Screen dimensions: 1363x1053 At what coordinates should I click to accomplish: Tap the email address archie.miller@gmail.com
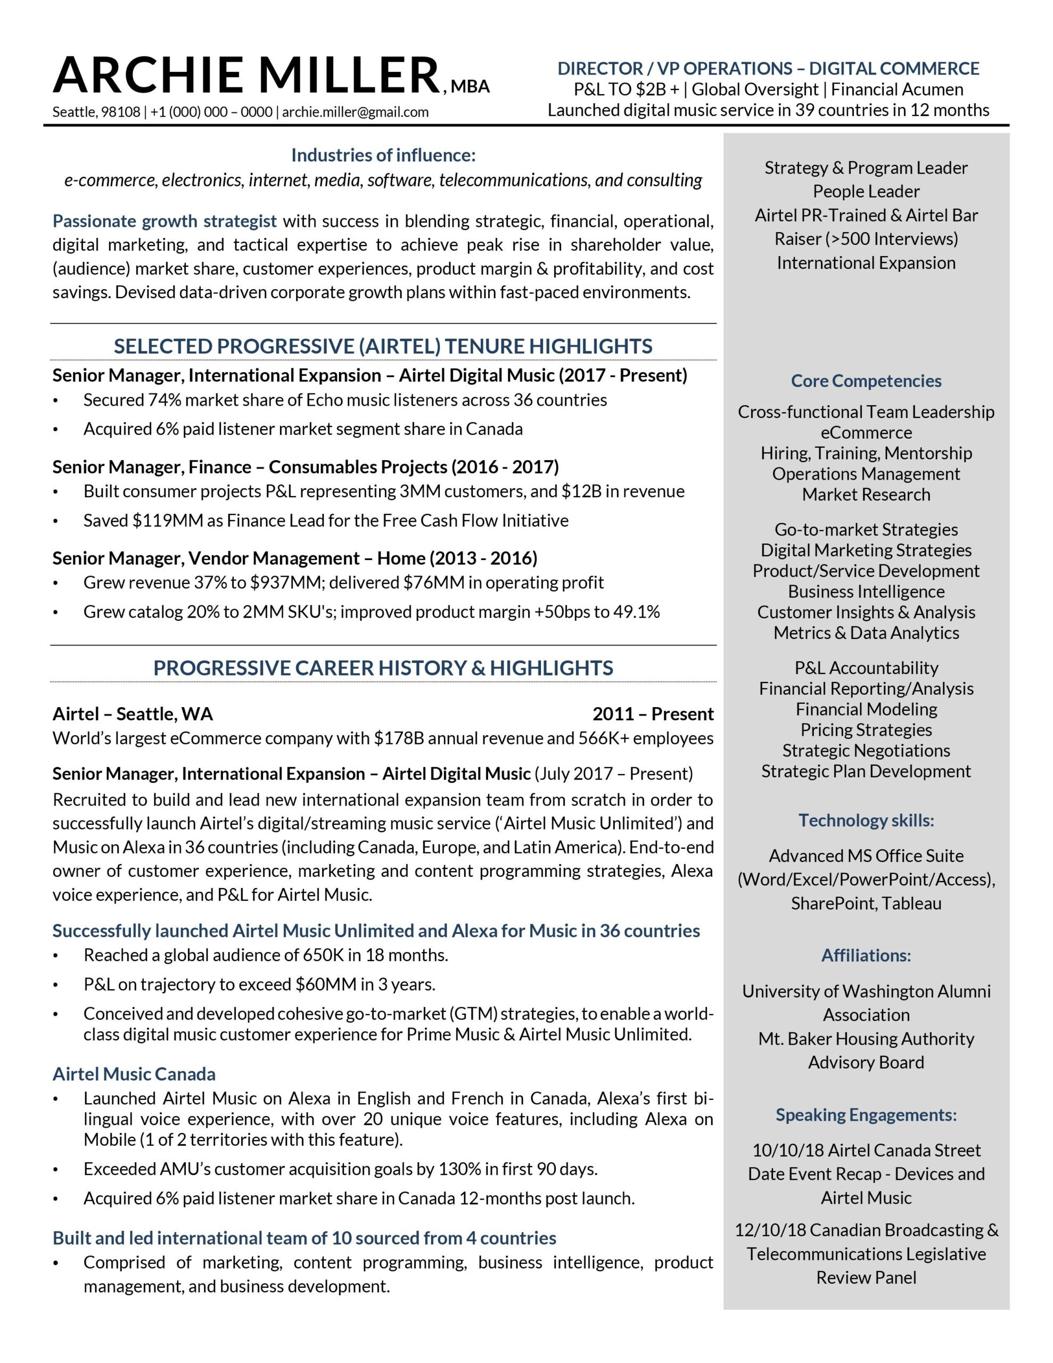[355, 112]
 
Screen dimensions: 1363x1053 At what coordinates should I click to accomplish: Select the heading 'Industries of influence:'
[383, 155]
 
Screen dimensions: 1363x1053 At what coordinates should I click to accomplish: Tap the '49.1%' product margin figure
[637, 612]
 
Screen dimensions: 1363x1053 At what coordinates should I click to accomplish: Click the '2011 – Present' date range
[653, 713]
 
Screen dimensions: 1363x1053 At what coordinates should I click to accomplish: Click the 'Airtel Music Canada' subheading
[134, 1074]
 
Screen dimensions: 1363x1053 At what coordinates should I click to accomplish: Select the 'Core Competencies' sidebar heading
[866, 381]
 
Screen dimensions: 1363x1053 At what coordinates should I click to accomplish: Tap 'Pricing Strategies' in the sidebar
[866, 729]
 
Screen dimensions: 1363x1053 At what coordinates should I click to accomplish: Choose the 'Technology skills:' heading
[866, 820]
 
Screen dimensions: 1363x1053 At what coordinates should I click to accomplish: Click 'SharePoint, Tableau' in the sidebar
[866, 903]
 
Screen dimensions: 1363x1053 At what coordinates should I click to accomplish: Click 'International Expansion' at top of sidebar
[866, 262]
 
